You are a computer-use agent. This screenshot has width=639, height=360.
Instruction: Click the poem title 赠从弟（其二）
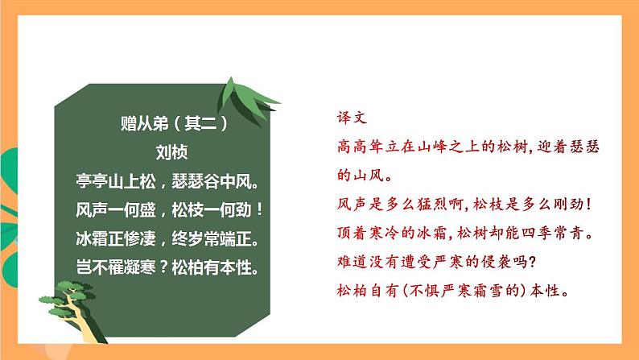(x=173, y=124)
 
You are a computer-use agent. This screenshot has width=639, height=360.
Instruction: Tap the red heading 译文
(x=352, y=117)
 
